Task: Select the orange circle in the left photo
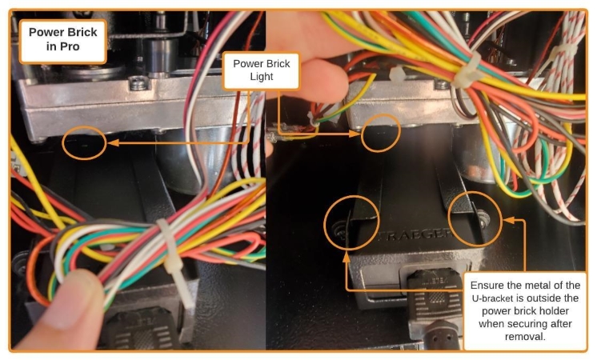[84, 142]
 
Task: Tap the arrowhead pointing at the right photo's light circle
[357, 135]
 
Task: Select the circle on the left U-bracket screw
[350, 219]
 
